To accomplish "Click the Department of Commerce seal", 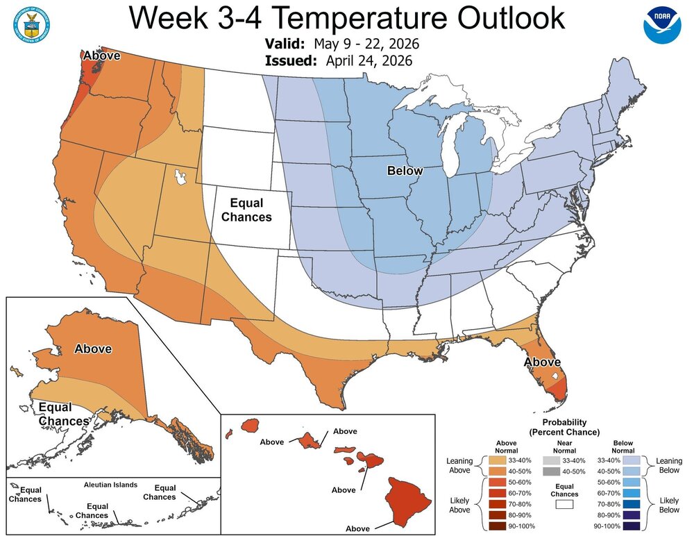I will (28, 24).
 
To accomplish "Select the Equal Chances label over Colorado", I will (246, 210).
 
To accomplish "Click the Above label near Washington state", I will (102, 56).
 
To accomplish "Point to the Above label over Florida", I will (542, 362).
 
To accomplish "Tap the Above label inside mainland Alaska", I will (93, 349).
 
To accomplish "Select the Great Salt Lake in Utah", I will (183, 178).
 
